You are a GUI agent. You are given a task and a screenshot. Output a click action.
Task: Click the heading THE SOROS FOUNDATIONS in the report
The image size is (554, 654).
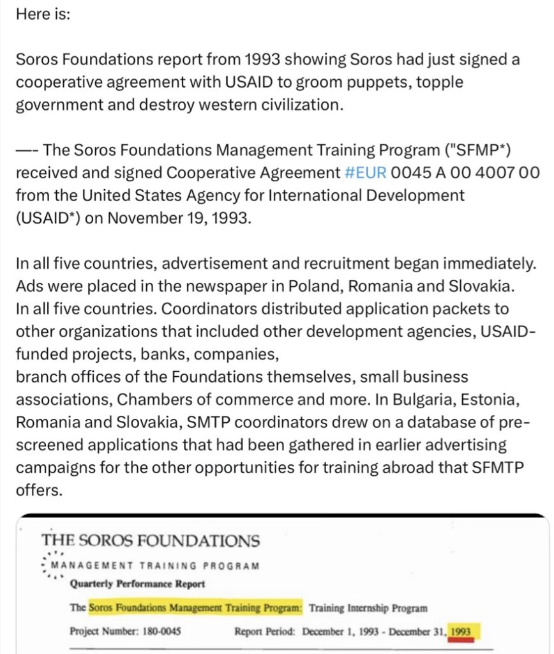pyautogui.click(x=151, y=540)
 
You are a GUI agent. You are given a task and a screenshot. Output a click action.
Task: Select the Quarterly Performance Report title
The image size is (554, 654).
pyautogui.click(x=137, y=583)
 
